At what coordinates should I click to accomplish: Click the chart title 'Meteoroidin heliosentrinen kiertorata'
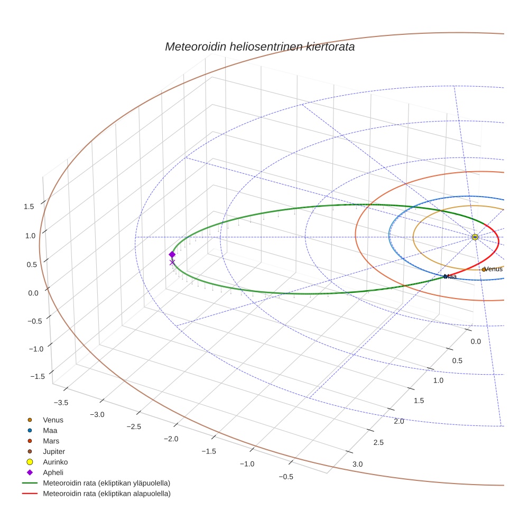pos(259,47)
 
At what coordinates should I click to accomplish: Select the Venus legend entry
pos(53,420)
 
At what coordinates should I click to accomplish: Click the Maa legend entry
pos(50,430)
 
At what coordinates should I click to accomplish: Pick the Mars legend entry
pos(51,441)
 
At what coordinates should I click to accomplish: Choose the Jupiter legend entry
pos(53,451)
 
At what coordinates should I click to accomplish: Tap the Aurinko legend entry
pos(55,462)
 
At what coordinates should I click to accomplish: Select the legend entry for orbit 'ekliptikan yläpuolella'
pos(106,483)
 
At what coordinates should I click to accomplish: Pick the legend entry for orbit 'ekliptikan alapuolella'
pos(106,494)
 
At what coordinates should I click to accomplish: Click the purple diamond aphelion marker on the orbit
pos(172,254)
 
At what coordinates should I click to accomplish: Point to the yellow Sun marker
pos(475,237)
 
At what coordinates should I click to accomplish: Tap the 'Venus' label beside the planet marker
pos(494,269)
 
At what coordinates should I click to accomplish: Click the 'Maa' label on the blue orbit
pos(450,276)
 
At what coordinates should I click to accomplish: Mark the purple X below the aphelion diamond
pos(172,262)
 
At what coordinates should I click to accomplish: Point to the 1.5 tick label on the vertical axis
pos(29,207)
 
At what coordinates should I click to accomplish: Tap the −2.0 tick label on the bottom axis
pos(171,439)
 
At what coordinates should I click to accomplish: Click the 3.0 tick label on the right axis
pos(357,464)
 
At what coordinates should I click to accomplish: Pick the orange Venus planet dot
pos(484,270)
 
